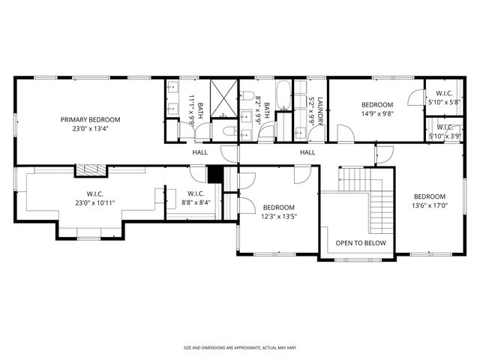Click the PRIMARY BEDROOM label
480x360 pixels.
(90, 119)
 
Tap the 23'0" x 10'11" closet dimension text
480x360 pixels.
(94, 203)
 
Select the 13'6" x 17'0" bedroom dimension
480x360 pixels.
(430, 205)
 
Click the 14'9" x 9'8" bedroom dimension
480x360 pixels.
(376, 114)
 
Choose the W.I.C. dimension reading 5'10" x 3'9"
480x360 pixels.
(442, 136)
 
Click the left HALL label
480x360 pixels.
(199, 152)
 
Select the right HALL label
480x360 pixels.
(308, 152)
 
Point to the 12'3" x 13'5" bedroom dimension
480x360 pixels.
(278, 217)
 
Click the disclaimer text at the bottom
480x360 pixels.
(239, 348)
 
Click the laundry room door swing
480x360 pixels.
(300, 133)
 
